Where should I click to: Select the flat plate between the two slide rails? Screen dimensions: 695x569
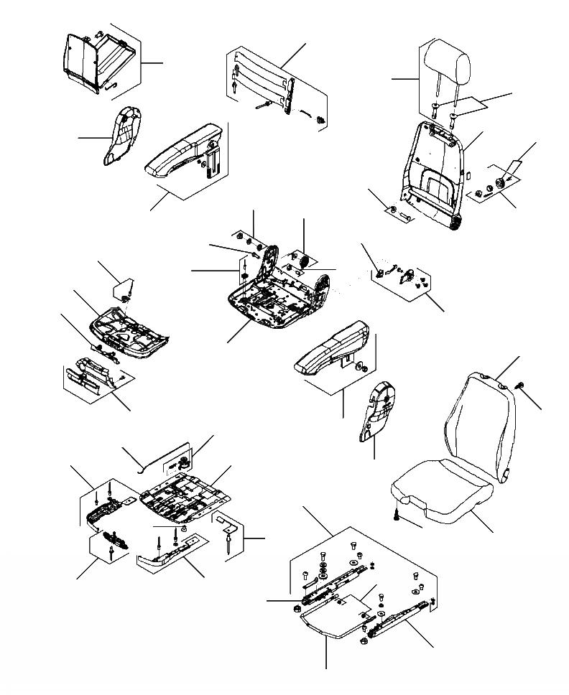pos(333,617)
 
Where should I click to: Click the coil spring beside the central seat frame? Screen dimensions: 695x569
pos(304,261)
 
